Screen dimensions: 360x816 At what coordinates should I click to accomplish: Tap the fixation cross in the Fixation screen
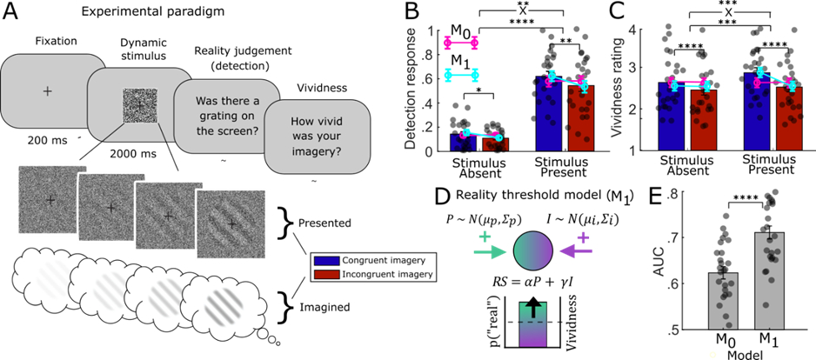[47, 90]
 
